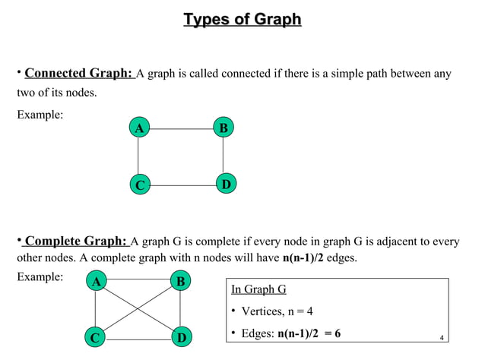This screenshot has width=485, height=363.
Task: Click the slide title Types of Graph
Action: [x=242, y=19]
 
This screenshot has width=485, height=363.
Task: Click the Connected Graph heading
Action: [x=78, y=74]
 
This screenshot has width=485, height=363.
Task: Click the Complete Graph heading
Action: [x=75, y=241]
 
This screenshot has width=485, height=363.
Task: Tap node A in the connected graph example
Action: [x=138, y=128]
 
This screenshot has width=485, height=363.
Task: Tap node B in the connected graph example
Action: [x=223, y=128]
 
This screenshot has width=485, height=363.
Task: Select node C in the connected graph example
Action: [x=138, y=185]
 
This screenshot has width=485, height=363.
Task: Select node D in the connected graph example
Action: [x=226, y=185]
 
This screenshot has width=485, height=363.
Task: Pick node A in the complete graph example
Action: [x=95, y=283]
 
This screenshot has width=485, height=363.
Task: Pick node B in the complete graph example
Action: [x=180, y=283]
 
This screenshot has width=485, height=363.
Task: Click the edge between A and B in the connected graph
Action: [x=180, y=128]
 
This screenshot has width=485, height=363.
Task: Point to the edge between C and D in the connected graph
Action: [x=182, y=185]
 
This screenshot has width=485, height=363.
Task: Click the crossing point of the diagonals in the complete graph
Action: [x=138, y=309]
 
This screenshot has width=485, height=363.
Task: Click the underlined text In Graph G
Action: [x=258, y=290]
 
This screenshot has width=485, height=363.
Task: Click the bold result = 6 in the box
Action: [x=329, y=333]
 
